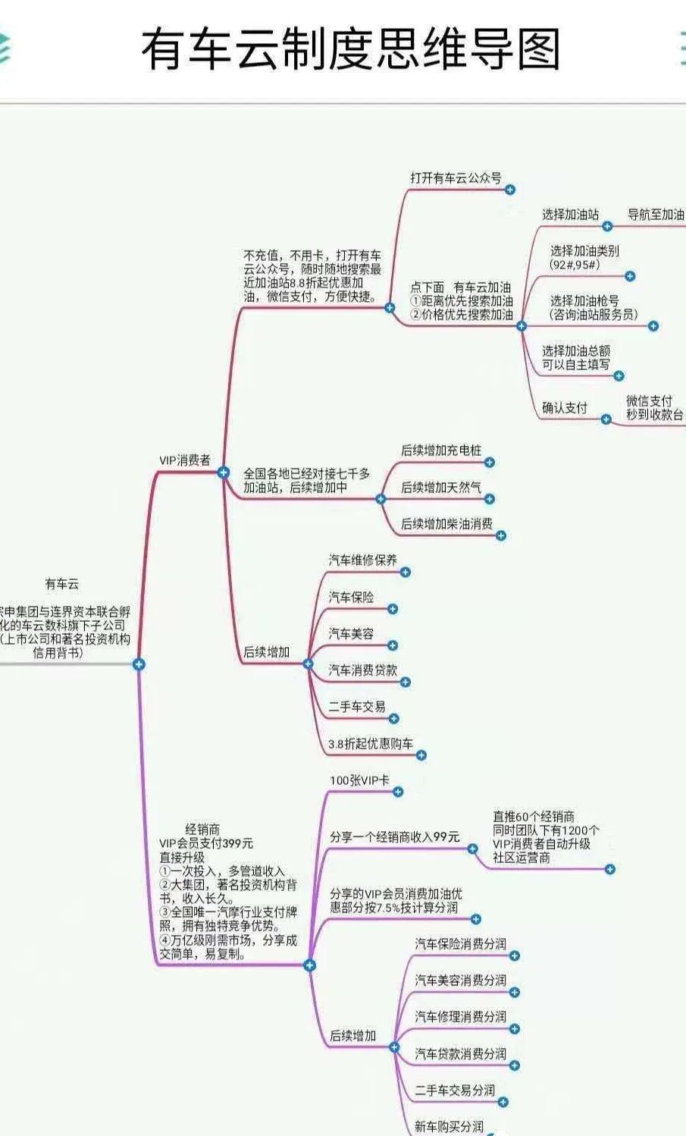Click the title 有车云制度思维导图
click(x=350, y=49)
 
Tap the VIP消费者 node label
click(x=184, y=460)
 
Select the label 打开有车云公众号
click(x=456, y=177)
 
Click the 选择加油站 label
click(x=570, y=215)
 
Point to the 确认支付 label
click(x=564, y=408)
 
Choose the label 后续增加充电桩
click(x=440, y=450)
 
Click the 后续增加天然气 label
click(x=440, y=487)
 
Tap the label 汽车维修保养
click(x=362, y=560)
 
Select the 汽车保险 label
click(x=351, y=597)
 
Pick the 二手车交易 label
click(x=356, y=706)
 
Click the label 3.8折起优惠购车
click(x=370, y=743)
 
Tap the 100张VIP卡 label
click(x=359, y=780)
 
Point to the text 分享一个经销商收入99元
click(x=394, y=837)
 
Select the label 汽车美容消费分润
click(x=460, y=980)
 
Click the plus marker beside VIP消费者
click(x=223, y=472)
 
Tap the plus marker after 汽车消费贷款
click(x=406, y=683)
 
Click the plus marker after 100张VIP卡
click(x=398, y=792)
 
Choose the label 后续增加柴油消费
click(x=446, y=523)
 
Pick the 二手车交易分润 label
click(x=454, y=1090)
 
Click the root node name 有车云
click(x=61, y=584)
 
